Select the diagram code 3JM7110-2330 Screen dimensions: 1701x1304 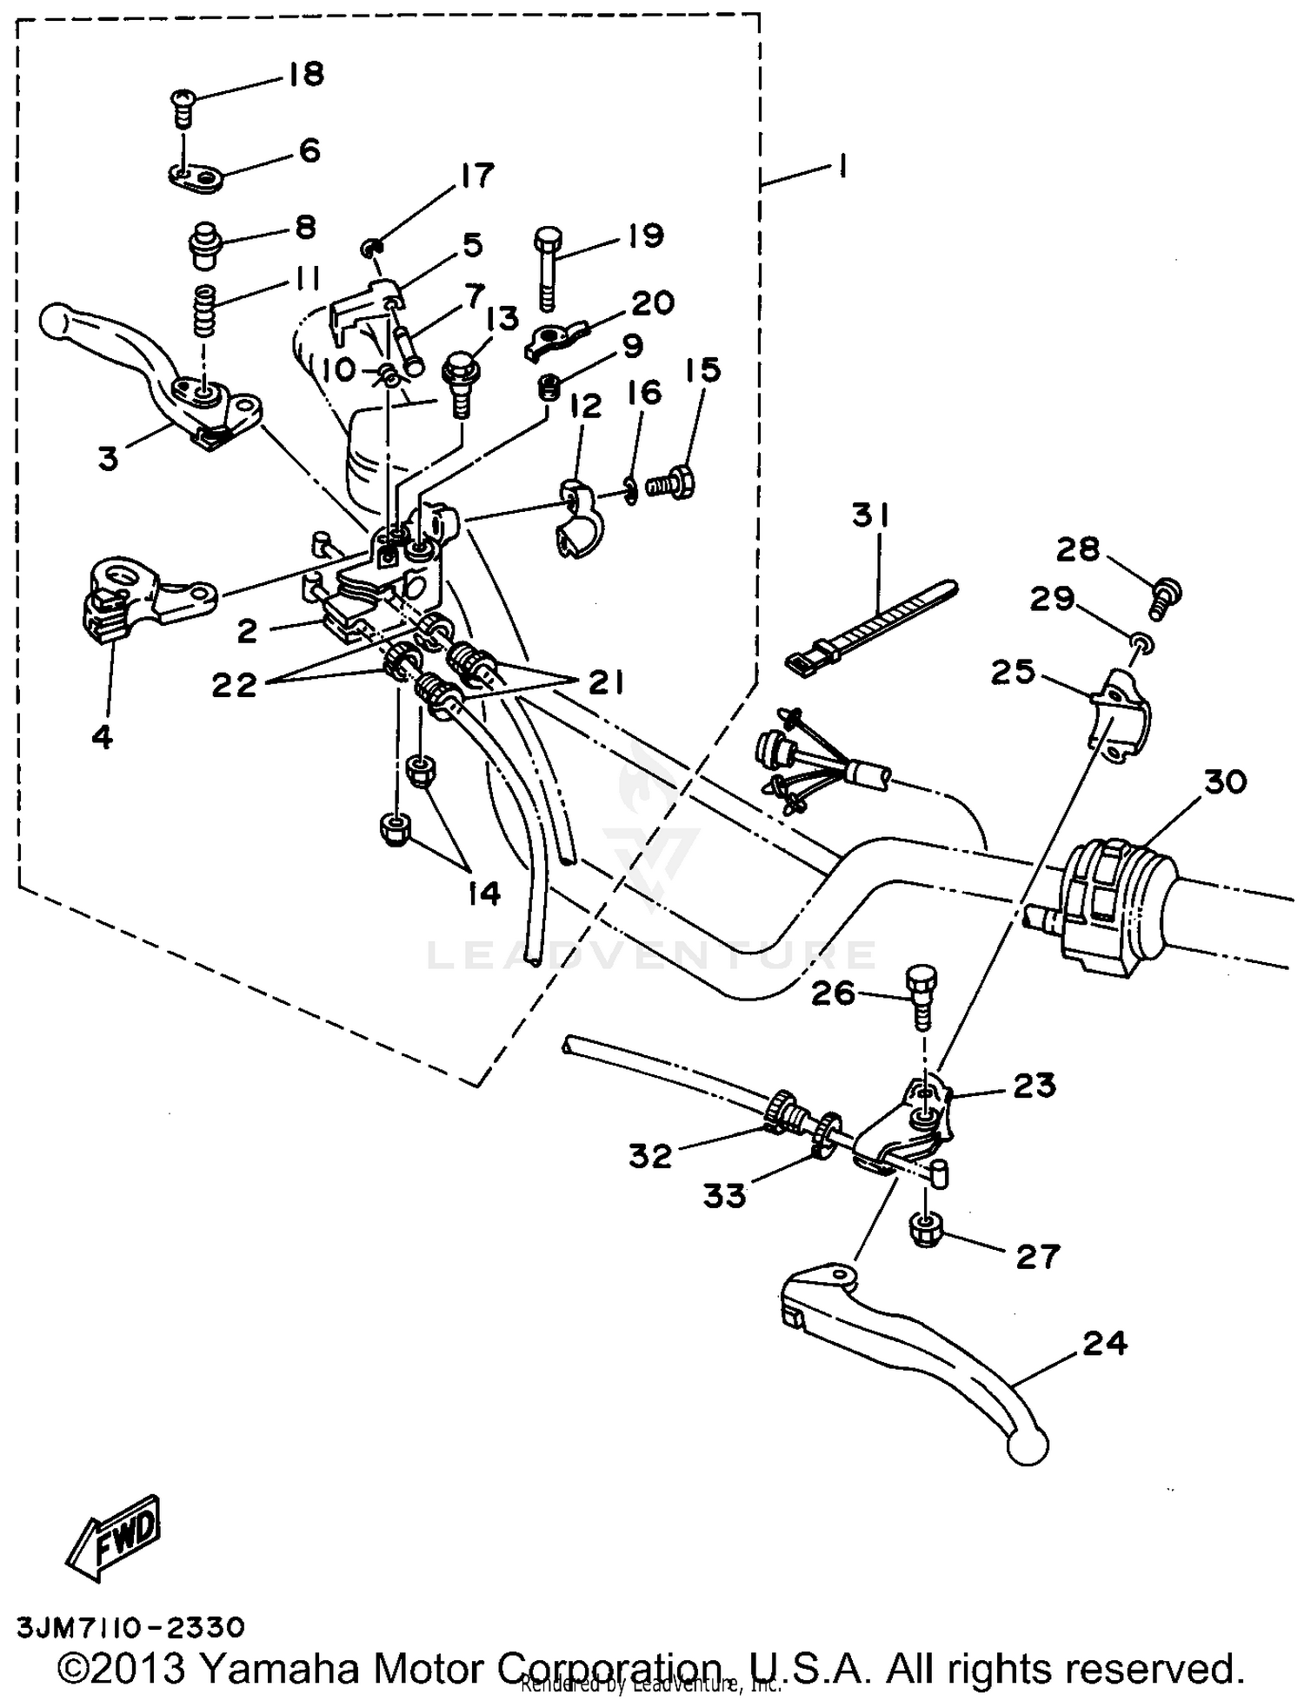pyautogui.click(x=130, y=1626)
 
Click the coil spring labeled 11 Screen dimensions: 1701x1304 pyautogui.click(x=203, y=310)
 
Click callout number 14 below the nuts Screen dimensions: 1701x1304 pyautogui.click(x=483, y=893)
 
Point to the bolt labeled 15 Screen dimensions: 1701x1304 pyautogui.click(x=673, y=480)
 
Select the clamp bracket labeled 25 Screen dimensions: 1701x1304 pyautogui.click(x=1120, y=715)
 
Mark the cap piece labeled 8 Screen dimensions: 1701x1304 pyautogui.click(x=205, y=243)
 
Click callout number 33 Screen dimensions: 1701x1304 pyautogui.click(x=724, y=1197)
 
